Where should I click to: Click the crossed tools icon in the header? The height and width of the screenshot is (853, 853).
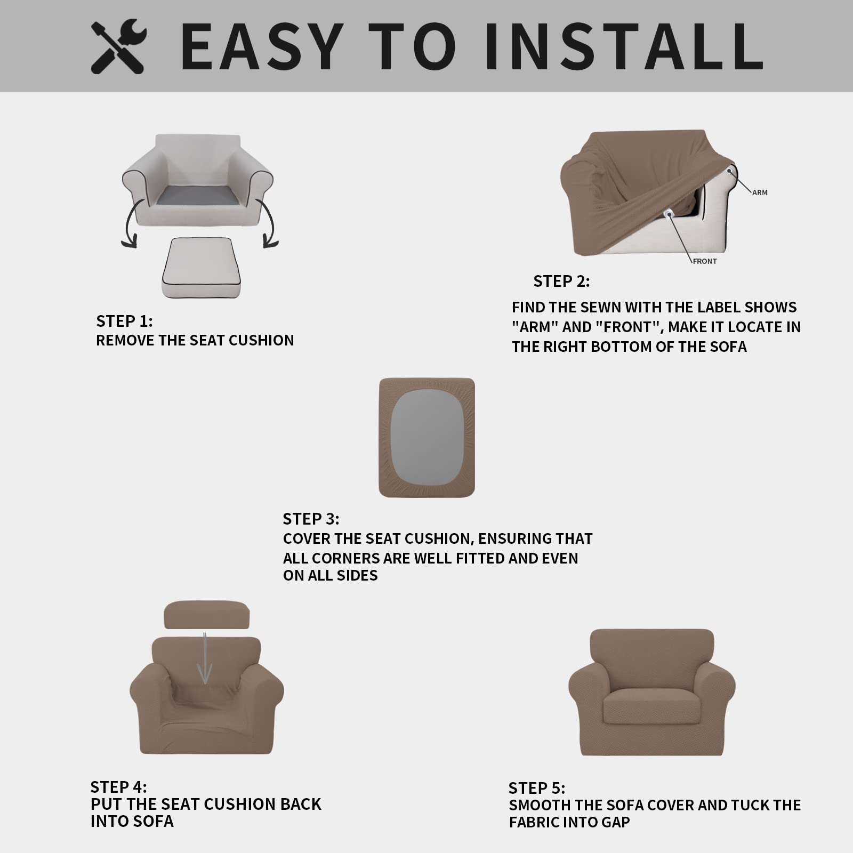pos(118,46)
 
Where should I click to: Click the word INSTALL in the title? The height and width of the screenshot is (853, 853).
pos(624,46)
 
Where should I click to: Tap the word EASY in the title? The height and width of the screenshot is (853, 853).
pos(262,46)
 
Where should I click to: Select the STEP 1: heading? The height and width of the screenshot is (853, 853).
pos(124,321)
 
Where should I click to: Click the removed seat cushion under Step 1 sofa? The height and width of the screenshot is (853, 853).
pos(201,268)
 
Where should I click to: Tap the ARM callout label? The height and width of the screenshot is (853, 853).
pos(760,192)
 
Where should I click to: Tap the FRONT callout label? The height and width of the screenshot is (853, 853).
pos(705,261)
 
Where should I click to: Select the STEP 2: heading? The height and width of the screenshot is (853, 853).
pos(561,281)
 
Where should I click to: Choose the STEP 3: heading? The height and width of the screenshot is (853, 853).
pos(311,519)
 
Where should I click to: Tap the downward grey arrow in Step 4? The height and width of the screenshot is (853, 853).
pos(205,658)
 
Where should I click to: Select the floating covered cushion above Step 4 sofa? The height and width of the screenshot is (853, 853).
pos(206,615)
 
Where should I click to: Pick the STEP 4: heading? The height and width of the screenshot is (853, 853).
pos(118,787)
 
